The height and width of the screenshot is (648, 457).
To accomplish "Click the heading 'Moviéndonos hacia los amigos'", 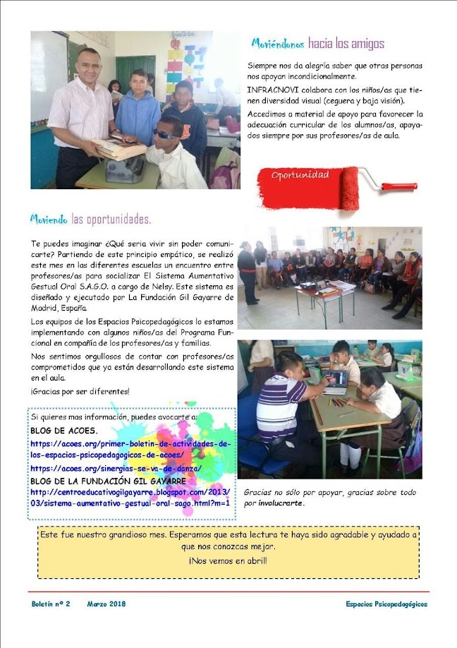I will (317, 44).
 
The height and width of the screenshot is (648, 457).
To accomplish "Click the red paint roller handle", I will (399, 187).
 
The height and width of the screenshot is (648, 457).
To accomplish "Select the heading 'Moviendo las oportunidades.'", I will (90, 218).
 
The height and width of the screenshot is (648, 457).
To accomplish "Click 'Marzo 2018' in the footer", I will (106, 604).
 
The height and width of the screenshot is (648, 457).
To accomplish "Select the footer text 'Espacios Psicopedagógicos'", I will (386, 604).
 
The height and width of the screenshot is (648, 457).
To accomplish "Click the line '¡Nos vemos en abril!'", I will (228, 560).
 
